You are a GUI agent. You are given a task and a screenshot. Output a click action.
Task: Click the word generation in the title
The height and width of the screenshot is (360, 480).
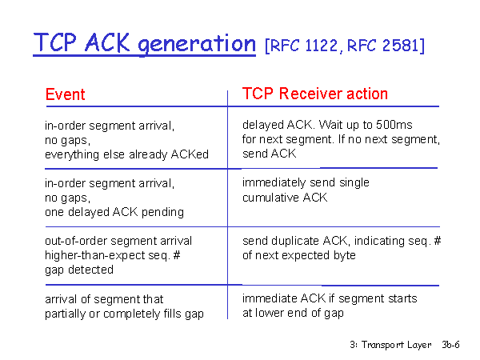click(x=197, y=44)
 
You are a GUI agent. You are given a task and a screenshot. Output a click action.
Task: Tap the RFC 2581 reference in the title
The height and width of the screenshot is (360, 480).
click(x=382, y=46)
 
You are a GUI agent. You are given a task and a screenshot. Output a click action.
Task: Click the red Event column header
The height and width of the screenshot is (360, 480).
click(x=66, y=94)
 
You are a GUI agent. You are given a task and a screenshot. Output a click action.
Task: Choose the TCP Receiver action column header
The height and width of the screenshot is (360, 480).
click(x=315, y=94)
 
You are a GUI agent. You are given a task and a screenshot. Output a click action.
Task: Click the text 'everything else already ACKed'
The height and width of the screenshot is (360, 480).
click(x=126, y=154)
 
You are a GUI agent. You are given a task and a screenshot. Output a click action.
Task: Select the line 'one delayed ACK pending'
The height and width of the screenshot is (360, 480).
click(x=114, y=212)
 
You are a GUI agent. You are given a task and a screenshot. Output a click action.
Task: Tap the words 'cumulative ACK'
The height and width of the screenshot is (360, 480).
click(x=285, y=198)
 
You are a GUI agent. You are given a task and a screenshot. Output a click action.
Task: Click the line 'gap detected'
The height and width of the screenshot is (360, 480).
click(x=79, y=270)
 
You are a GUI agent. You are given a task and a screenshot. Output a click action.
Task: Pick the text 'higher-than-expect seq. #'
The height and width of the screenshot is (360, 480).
click(x=112, y=255)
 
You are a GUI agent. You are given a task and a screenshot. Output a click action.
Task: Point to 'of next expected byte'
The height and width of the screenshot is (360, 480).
click(x=298, y=255)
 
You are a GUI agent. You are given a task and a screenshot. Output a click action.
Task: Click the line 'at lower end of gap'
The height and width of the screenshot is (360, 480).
click(x=293, y=313)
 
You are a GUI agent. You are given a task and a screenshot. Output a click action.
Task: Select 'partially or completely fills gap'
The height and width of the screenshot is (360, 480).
click(x=124, y=314)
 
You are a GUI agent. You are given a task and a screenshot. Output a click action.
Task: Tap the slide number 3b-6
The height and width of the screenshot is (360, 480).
click(x=450, y=345)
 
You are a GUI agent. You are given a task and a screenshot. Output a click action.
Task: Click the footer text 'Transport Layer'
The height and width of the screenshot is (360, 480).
click(x=397, y=345)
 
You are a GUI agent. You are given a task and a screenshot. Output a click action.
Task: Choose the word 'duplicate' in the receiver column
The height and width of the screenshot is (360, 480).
click(x=295, y=241)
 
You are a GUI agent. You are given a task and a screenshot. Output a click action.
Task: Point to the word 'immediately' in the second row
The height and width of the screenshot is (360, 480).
click(x=274, y=182)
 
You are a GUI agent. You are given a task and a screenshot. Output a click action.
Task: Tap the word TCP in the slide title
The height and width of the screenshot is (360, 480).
click(x=54, y=42)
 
